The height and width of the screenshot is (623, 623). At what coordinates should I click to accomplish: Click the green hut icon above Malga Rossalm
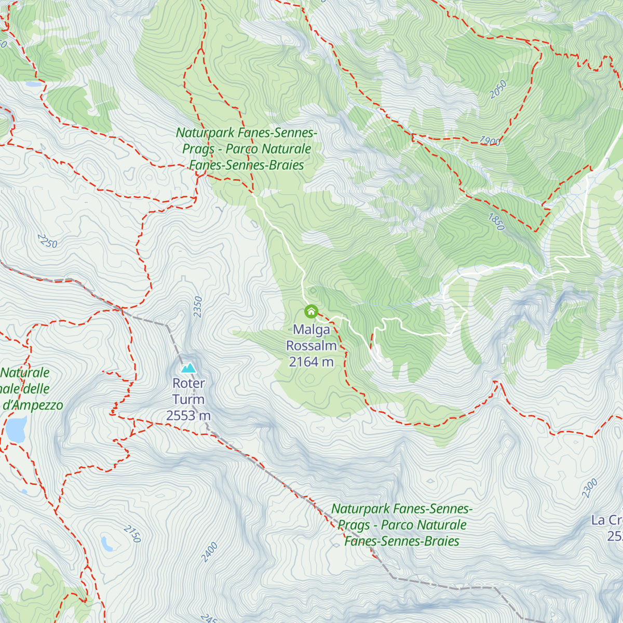(x=311, y=311)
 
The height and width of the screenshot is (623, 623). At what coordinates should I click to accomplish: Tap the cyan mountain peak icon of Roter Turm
(x=188, y=368)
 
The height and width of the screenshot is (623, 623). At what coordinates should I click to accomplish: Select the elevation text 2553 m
(x=188, y=416)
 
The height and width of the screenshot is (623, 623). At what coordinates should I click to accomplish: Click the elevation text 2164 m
(x=311, y=362)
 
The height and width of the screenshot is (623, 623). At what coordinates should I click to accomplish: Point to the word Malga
(x=311, y=330)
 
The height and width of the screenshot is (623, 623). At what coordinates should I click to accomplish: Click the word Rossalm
(x=311, y=346)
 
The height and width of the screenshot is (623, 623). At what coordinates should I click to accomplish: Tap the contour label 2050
(x=498, y=89)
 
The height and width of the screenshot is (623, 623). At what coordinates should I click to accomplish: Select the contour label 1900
(x=490, y=141)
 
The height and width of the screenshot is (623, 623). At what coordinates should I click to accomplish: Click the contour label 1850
(x=496, y=222)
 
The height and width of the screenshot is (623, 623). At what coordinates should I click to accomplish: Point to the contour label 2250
(x=47, y=241)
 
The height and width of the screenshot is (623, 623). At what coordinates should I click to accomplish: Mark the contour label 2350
(x=197, y=306)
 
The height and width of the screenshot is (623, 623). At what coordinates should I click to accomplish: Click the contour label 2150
(x=132, y=534)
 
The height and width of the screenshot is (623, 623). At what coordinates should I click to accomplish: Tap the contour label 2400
(x=209, y=551)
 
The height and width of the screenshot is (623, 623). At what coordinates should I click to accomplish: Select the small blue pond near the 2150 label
(x=107, y=544)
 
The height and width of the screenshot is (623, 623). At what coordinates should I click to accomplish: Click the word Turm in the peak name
(x=188, y=400)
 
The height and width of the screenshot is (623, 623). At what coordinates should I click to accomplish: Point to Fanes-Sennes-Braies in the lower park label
(x=402, y=541)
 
